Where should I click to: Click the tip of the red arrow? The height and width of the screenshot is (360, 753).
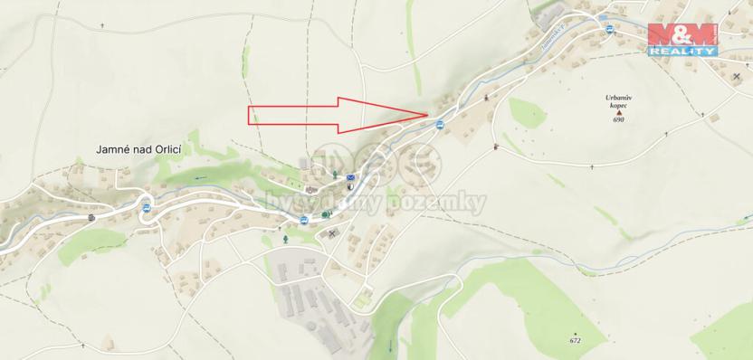426,114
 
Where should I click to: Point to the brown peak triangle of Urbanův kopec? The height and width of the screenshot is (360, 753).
619,112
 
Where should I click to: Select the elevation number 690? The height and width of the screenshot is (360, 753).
619,120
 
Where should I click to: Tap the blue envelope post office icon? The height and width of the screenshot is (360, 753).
350,176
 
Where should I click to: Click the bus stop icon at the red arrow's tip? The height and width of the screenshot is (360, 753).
441,124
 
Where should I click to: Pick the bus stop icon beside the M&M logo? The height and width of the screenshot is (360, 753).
610,29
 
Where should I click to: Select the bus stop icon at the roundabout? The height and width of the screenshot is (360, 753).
146,208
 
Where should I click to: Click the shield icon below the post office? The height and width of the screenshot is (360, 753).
350,190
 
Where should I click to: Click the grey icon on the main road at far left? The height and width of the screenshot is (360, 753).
92,217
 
